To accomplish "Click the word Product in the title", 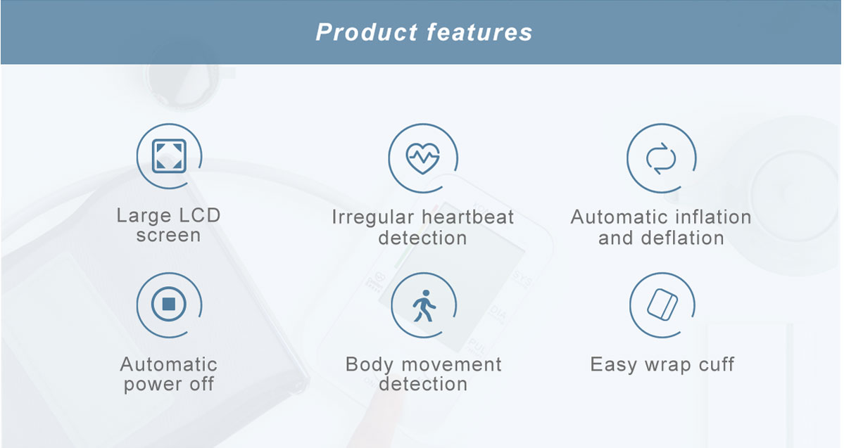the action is (367, 32).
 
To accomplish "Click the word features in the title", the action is (479, 32).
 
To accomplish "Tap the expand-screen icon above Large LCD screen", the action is (169, 156).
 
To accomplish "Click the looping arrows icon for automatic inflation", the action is (661, 159).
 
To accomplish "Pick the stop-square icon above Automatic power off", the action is (169, 305).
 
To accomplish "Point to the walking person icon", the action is (424, 306).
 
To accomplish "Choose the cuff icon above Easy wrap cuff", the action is (662, 305).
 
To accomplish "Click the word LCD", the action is (199, 216).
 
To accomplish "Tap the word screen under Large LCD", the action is (168, 236).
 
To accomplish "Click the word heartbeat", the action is (464, 217).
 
